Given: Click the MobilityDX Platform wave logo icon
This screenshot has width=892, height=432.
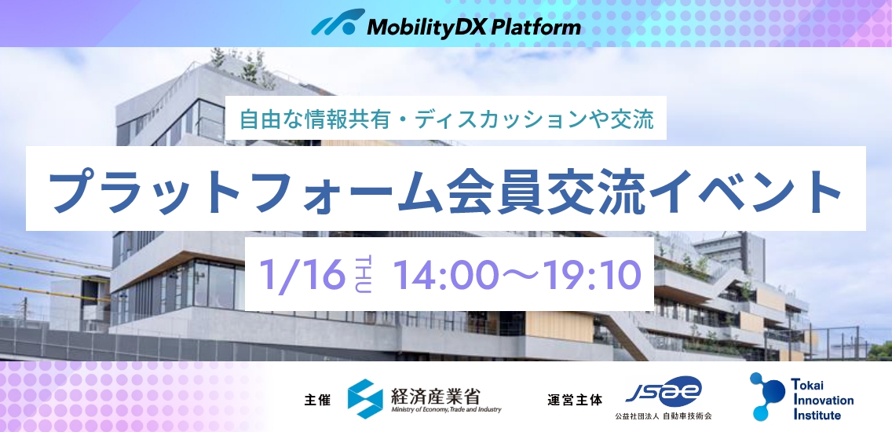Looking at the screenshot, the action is click(x=338, y=23).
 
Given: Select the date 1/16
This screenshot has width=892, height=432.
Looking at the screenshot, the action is click(x=302, y=275).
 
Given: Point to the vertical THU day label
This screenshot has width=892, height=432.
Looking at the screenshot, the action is click(x=363, y=275).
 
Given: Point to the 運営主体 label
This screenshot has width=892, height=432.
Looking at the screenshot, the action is click(x=575, y=400).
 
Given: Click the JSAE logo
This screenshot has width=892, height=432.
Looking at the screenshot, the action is click(x=664, y=392).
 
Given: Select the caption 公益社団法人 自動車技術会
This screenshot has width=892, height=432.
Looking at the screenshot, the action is click(x=664, y=416).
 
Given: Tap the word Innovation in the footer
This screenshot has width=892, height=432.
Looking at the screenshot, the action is click(x=823, y=400).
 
